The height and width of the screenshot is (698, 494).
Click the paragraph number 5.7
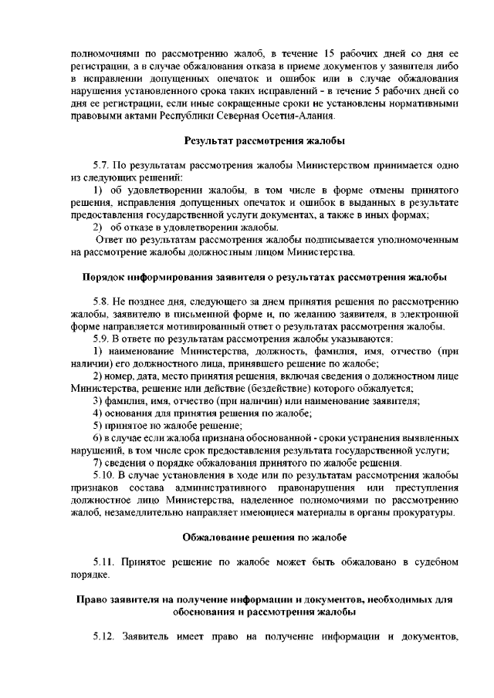103,165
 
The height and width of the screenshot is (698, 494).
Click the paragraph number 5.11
105,561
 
